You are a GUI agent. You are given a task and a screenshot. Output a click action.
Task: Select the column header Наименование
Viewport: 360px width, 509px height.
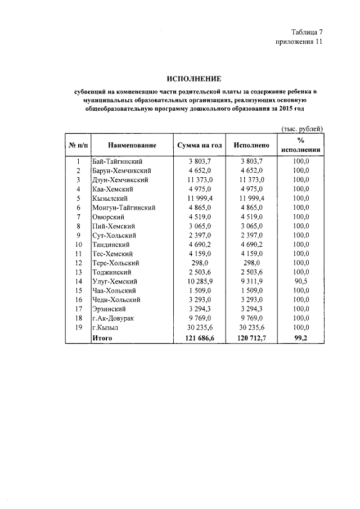[x=133, y=146]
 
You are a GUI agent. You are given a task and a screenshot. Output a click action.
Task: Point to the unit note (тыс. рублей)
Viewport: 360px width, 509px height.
[x=302, y=129]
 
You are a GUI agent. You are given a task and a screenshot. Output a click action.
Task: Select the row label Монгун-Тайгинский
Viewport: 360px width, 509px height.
[x=123, y=208]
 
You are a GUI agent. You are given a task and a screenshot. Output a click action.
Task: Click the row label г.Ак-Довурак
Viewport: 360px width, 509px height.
[x=114, y=318]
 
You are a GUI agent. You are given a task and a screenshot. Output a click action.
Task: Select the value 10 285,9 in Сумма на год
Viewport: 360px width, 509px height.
[x=200, y=281]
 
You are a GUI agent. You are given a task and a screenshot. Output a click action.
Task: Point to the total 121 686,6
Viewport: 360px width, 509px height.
[x=200, y=338]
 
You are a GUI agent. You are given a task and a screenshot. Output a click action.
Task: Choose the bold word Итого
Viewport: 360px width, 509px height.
[x=102, y=338]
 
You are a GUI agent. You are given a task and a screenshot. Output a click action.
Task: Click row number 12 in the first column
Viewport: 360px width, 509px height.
[x=79, y=263]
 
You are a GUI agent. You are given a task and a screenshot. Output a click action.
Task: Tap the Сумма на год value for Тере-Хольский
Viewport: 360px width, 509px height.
[x=200, y=263]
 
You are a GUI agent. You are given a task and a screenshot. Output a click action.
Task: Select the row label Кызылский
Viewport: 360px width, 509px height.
[x=110, y=199]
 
